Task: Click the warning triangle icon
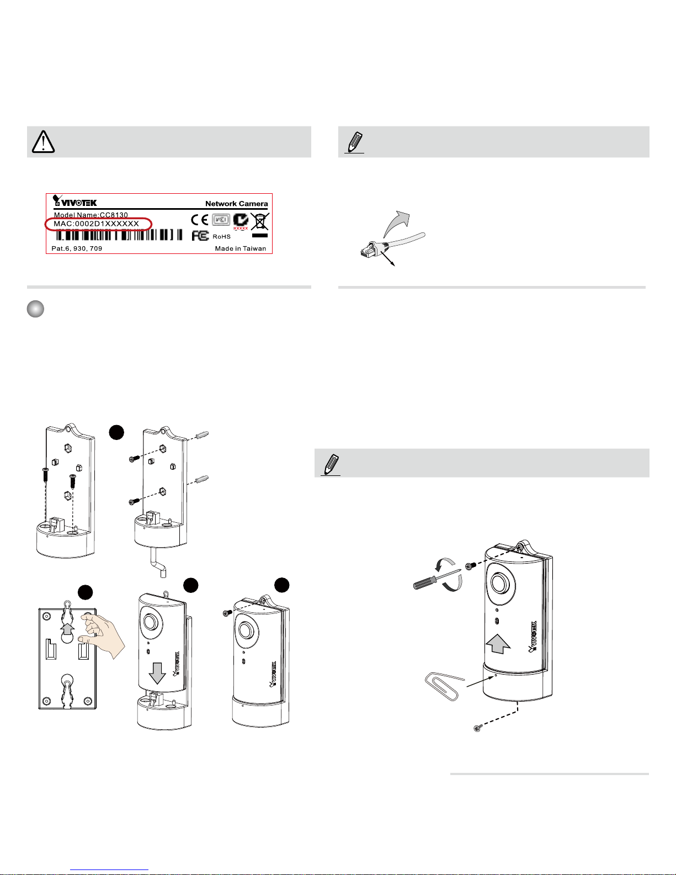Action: coord(43,142)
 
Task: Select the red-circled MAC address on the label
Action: coord(98,224)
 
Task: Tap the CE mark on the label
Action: coord(200,220)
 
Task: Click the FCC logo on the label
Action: coord(200,236)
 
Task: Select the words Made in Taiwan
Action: coord(240,248)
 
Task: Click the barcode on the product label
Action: coord(119,235)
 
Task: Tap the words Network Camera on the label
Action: coord(236,204)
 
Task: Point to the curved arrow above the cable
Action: coord(397,222)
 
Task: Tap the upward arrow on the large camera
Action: coord(498,643)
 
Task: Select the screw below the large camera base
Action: coord(477,729)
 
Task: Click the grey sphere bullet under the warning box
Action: coord(35,309)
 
